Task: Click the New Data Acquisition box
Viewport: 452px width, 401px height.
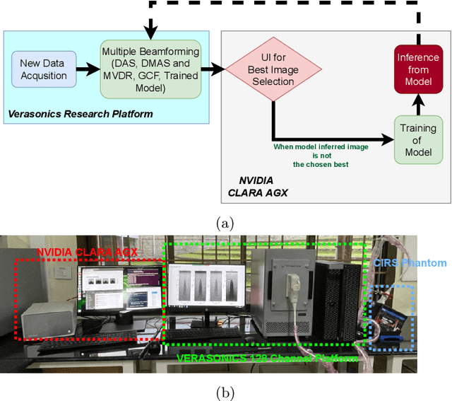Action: pyautogui.click(x=44, y=70)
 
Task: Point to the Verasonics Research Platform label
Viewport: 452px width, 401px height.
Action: pyautogui.click(x=81, y=113)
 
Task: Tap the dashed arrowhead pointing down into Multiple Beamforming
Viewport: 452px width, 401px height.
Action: pyautogui.click(x=150, y=31)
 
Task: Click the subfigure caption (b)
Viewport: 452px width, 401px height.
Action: pyautogui.click(x=225, y=392)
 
